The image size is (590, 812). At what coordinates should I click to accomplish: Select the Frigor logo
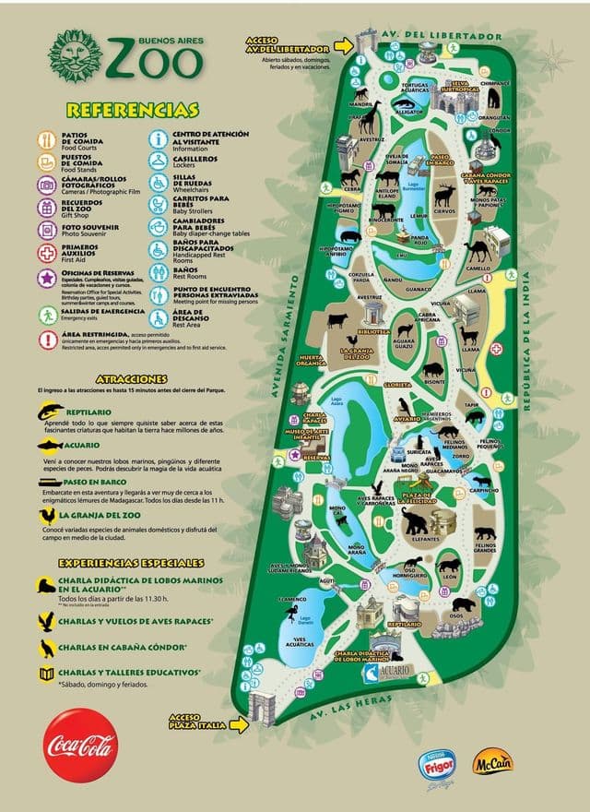pyautogui.click(x=437, y=765)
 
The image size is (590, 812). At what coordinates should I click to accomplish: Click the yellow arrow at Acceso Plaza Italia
pyautogui.click(x=239, y=725)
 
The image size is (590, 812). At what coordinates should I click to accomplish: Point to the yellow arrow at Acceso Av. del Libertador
pyautogui.click(x=343, y=45)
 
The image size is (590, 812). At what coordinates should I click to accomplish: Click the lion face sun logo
pyautogui.click(x=76, y=56)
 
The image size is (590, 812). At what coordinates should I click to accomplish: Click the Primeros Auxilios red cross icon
pyautogui.click(x=47, y=253)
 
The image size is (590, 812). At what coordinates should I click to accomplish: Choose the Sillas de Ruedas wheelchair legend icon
pyautogui.click(x=158, y=182)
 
